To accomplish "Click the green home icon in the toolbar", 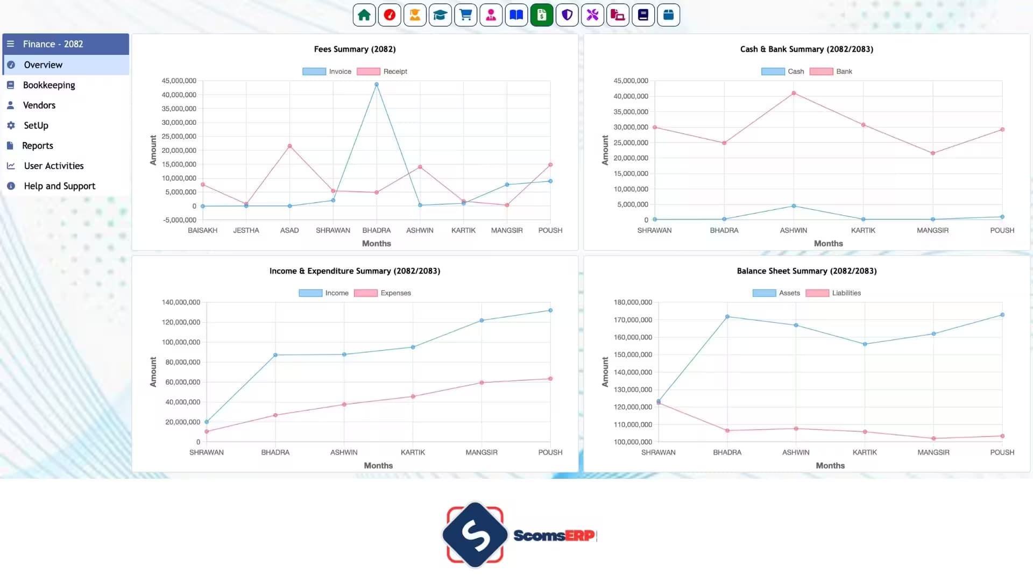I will point(364,15).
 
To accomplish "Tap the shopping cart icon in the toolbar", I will point(466,15).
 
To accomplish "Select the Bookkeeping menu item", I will point(49,85).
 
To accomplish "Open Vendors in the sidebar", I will point(39,105).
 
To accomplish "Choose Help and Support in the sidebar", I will point(59,186).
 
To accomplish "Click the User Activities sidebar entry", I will point(54,166).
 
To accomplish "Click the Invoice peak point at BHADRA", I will point(377,84).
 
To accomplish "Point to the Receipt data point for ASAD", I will point(289,146).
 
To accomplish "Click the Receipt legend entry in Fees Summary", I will point(382,72).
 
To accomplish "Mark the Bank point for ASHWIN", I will point(794,93).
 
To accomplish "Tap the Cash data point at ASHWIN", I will point(794,206).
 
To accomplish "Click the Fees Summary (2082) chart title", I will point(355,49).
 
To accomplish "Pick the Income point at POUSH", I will point(550,310).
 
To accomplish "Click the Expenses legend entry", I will point(383,293).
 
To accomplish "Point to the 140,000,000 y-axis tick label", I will point(181,302).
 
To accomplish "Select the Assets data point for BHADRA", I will point(727,317).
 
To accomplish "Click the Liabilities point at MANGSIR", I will point(933,438).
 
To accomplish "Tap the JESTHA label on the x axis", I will point(246,230).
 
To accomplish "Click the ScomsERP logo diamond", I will point(475,535).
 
